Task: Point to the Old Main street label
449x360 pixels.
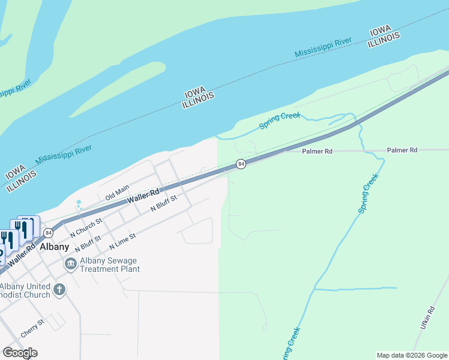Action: (x=118, y=192)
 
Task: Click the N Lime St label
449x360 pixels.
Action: (x=123, y=241)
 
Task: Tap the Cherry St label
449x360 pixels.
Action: (x=32, y=327)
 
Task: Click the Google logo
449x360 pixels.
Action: (x=20, y=352)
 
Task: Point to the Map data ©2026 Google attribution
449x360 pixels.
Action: (x=412, y=355)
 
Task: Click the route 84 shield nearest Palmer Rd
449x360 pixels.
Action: (x=241, y=164)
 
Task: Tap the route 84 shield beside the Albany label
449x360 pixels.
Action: (x=49, y=233)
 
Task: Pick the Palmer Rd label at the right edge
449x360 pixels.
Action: (x=402, y=150)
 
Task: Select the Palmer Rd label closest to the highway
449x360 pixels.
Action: (x=318, y=151)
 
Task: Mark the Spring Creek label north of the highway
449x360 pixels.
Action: (x=279, y=120)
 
